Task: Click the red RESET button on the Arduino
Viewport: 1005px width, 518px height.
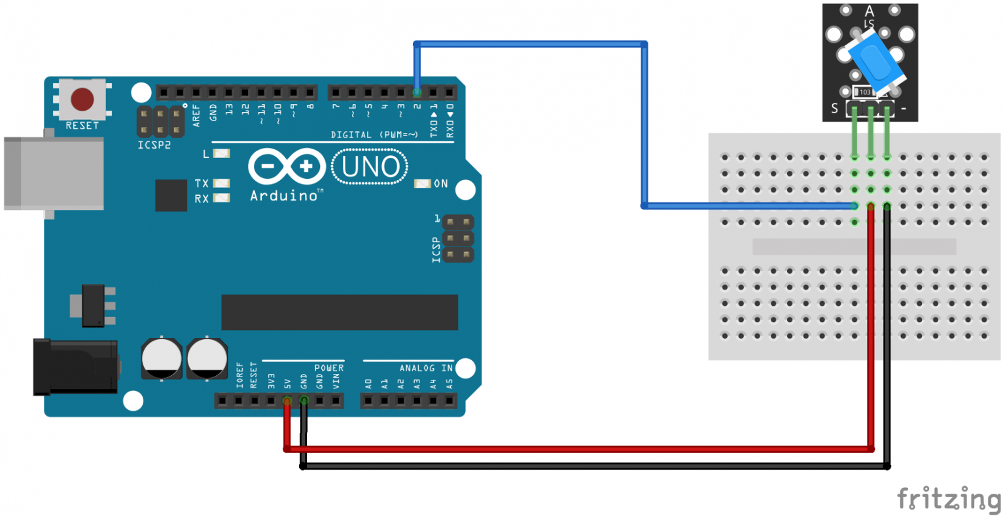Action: [x=82, y=100]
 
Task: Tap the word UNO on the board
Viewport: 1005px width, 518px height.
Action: [x=370, y=167]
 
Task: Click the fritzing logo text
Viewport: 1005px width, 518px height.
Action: [x=949, y=500]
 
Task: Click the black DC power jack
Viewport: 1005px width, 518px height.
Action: [x=75, y=367]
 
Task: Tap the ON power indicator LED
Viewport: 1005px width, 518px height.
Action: [x=423, y=183]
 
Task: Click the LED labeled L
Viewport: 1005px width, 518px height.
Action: [x=222, y=154]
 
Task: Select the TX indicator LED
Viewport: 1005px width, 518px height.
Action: [x=222, y=183]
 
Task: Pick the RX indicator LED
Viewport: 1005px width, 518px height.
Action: [x=222, y=198]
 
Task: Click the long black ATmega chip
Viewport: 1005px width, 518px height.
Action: [x=340, y=312]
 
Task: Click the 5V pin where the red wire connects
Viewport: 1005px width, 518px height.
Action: [x=287, y=399]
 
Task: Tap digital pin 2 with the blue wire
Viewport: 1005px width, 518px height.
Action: [x=417, y=92]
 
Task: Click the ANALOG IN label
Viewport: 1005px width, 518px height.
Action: [x=426, y=368]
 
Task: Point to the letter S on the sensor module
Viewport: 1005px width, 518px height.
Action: [x=834, y=109]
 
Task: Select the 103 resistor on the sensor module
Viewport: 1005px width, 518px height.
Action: [x=865, y=92]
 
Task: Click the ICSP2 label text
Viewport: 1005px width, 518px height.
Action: [x=154, y=145]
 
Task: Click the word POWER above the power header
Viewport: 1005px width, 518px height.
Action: [x=328, y=368]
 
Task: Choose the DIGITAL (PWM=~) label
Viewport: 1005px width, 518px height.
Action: [x=374, y=135]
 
